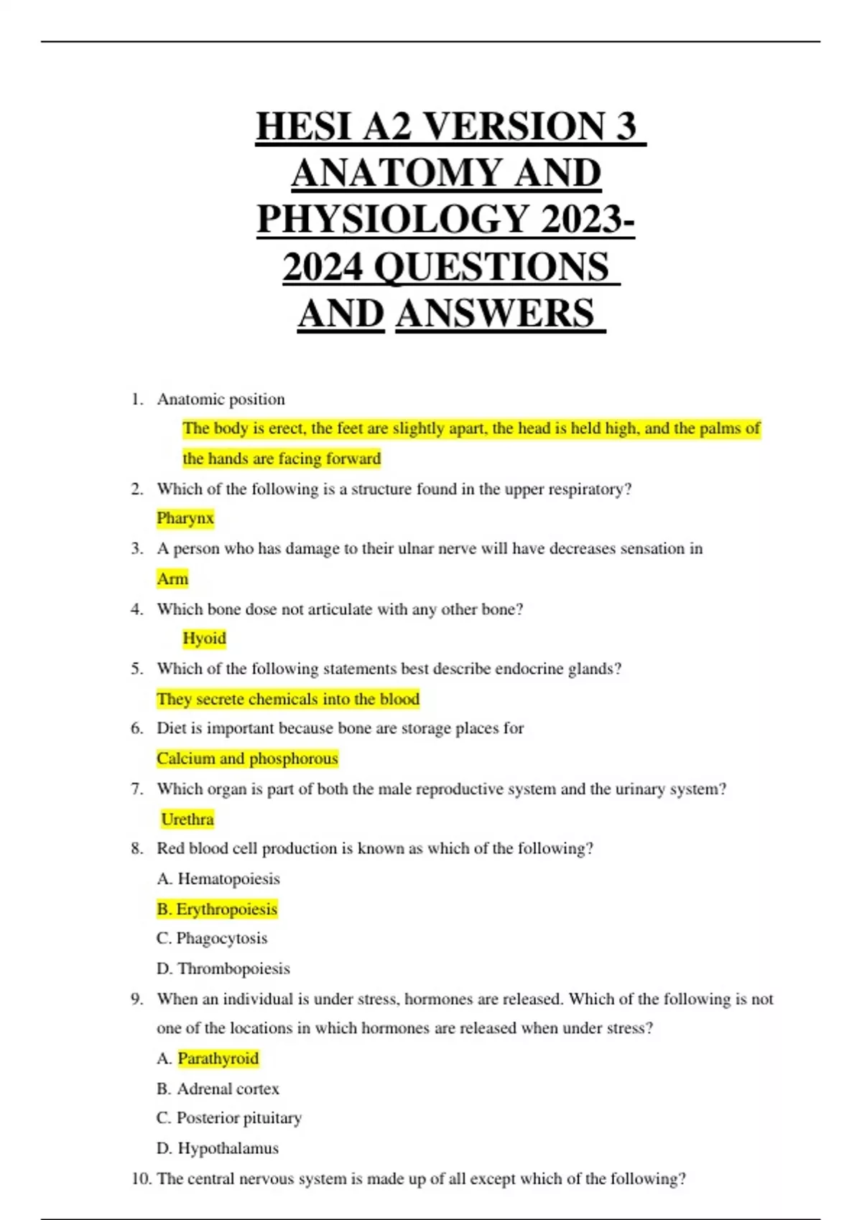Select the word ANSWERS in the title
pos(496,314)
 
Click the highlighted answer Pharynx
pos(185,518)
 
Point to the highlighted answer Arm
pos(172,578)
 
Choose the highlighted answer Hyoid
pos(204,638)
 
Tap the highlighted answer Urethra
pos(187,819)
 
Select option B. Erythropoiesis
pos(217,909)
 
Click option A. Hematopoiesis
pos(218,879)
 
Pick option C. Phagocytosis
pos(212,939)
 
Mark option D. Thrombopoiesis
pos(223,969)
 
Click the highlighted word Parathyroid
pos(218,1059)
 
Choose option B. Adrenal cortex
pos(218,1089)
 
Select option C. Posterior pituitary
pos(229,1118)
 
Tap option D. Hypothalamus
pos(218,1148)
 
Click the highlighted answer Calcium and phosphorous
pos(247,759)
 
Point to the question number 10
pos(141,1178)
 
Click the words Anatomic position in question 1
pos(221,399)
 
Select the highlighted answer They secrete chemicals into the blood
pos(288,699)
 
